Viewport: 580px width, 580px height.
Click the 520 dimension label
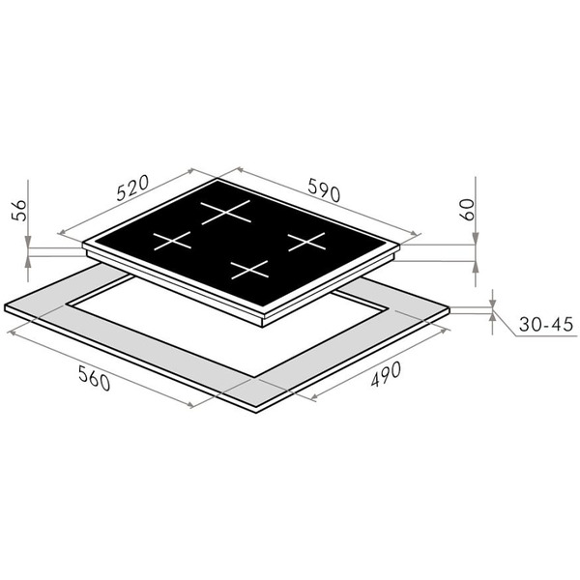point(132,188)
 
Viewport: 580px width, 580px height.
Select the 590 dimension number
point(324,190)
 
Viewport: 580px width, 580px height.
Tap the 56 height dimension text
point(19,211)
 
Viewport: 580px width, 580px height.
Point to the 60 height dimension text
point(466,210)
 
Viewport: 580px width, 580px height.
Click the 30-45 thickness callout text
point(545,324)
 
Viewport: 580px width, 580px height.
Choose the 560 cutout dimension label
point(95,378)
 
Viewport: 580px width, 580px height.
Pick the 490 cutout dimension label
point(386,374)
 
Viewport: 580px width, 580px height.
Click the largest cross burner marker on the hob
point(225,212)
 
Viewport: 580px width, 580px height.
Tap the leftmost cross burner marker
point(172,241)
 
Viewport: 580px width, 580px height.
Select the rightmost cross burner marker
point(306,242)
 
